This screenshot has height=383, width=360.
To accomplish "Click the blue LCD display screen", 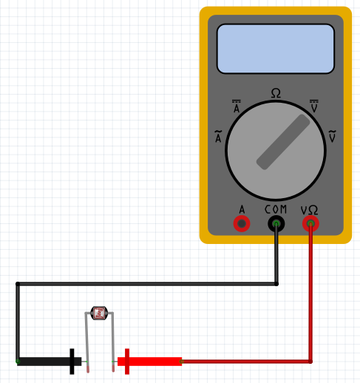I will point(275,48).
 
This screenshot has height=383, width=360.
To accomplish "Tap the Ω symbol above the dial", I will point(276,93).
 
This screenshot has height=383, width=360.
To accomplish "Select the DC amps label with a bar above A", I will point(237,107).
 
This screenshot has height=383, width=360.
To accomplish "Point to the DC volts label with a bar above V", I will point(313,107).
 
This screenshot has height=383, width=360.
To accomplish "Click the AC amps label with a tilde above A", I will point(218,137).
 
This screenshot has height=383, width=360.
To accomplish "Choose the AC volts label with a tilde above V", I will point(332,137).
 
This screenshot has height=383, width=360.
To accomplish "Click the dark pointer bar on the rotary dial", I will point(283,141).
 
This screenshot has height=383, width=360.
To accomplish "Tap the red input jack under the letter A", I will point(241,223).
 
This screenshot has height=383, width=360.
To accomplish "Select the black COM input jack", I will point(276,223).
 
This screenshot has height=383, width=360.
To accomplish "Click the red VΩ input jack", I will point(311,223).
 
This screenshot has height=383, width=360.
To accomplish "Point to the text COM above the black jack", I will point(276,209).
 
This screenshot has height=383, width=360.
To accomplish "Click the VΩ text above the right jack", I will point(310,209).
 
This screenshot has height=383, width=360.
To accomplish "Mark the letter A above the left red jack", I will point(241,209).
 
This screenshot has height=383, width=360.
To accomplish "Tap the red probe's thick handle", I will point(155,362).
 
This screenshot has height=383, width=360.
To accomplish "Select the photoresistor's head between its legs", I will point(99,313).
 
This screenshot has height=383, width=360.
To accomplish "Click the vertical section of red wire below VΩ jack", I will point(311,296).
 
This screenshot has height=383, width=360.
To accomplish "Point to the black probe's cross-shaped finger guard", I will point(72,362).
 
